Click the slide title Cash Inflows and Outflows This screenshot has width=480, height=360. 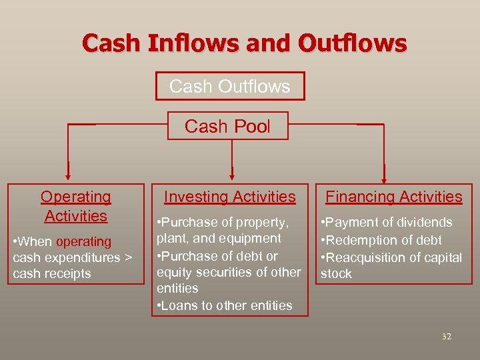tap(244, 43)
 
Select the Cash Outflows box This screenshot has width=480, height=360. tap(229, 86)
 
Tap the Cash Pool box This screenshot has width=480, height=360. tap(227, 126)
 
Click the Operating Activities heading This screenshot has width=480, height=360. tap(75, 206)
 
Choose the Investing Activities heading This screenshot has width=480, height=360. tap(229, 197)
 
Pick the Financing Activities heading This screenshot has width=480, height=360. tap(393, 197)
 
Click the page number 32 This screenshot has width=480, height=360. tap(446, 337)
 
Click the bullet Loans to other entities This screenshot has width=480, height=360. tap(226, 305)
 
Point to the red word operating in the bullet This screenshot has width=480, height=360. tap(84, 242)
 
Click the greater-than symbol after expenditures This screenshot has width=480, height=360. tap(129, 258)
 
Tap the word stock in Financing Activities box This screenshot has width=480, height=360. tap(336, 273)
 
